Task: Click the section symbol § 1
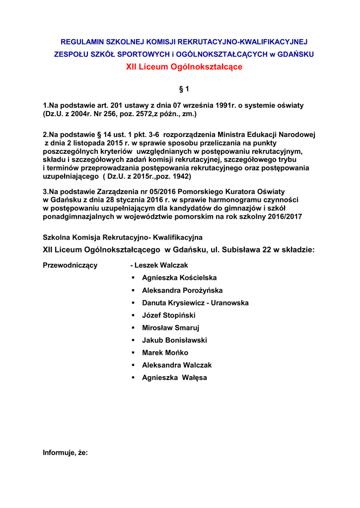click(184, 89)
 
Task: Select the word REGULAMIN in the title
click(79, 42)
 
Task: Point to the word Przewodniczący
click(71, 265)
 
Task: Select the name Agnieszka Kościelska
click(179, 278)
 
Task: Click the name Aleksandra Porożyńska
click(182, 290)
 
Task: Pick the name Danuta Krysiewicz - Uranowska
click(195, 303)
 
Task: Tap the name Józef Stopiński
click(169, 315)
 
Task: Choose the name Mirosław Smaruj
click(171, 327)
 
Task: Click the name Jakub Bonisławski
click(174, 340)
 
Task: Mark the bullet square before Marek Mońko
click(134, 353)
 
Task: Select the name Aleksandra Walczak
click(177, 365)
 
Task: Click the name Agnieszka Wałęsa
click(174, 378)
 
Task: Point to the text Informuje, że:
click(66, 452)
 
